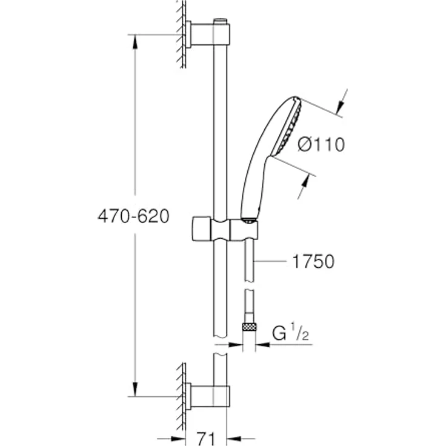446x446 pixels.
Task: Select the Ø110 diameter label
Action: coord(322,144)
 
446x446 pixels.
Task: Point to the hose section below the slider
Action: coord(248,261)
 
